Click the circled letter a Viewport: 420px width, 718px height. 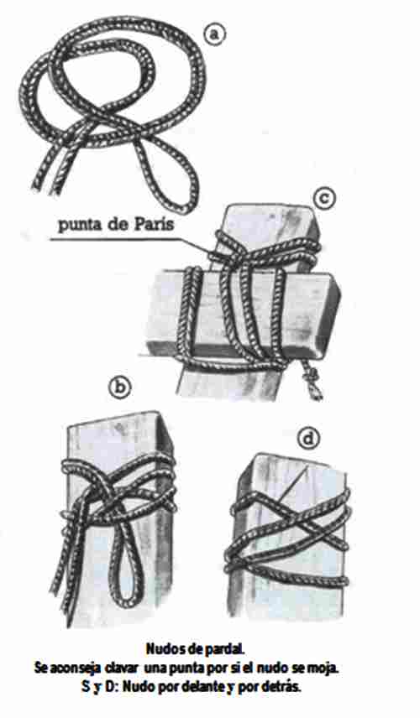point(213,35)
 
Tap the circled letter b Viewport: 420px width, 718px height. point(119,388)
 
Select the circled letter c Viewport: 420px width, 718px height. point(324,199)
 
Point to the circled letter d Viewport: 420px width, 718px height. point(307,440)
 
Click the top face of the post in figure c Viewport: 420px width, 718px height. point(270,220)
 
